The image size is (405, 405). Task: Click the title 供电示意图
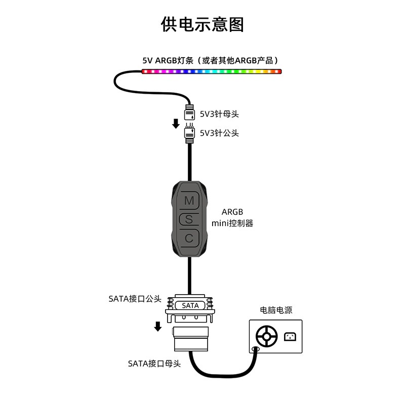tap(202, 24)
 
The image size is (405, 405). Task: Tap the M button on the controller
tap(189, 200)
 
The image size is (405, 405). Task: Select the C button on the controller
tap(189, 238)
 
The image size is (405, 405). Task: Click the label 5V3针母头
tap(219, 114)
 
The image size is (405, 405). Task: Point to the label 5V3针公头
tap(219, 133)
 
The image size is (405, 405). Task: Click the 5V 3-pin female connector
tap(190, 112)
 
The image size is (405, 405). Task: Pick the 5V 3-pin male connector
tap(190, 132)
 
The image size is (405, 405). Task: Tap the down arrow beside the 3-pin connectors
tap(176, 123)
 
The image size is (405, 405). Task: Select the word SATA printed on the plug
tap(190, 306)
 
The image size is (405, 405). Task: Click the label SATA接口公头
tap(135, 298)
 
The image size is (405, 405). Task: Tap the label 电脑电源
tap(276, 310)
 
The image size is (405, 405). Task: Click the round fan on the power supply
tap(266, 336)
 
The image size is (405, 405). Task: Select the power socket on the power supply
tap(290, 336)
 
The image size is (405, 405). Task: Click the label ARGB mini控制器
tap(232, 217)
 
